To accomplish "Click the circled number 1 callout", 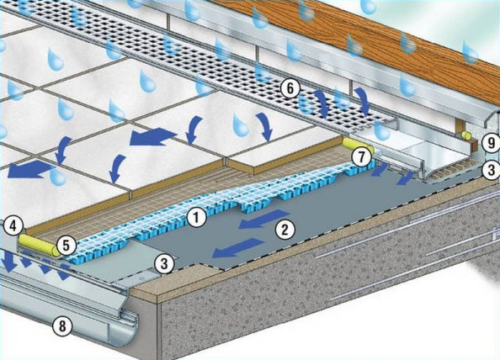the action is (x=196, y=218).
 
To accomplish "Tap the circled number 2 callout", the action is (x=285, y=230).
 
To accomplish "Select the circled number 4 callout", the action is (x=13, y=226).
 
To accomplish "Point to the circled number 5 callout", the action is (x=66, y=246).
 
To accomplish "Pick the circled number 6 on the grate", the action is (x=290, y=88).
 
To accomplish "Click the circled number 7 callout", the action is (x=360, y=157).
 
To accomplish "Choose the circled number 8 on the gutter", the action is (x=62, y=326).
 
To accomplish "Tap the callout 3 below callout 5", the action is (x=164, y=263).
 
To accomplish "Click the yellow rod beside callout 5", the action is (x=39, y=246).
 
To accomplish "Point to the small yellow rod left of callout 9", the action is (x=465, y=135).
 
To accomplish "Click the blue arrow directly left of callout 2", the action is (x=264, y=219).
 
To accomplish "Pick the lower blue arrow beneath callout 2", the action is (x=238, y=248).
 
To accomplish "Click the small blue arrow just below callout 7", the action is (x=379, y=170).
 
